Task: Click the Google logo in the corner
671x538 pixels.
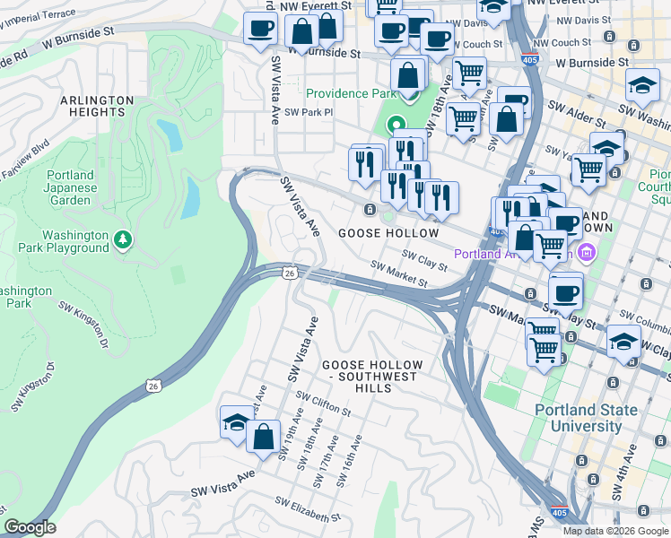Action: pos(30,527)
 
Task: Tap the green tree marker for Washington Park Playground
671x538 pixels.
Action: pos(124,239)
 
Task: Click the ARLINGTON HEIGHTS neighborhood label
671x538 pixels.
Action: pos(98,107)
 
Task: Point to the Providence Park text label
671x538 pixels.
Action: pos(350,94)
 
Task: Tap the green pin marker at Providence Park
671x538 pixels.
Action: pos(395,126)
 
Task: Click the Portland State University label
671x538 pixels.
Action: pos(586,418)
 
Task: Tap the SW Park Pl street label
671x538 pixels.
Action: pos(309,113)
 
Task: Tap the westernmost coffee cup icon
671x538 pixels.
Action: pos(260,29)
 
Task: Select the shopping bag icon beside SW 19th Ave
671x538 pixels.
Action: pos(264,438)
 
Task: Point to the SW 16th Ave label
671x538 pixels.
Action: pos(348,462)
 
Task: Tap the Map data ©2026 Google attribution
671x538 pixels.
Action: pos(615,531)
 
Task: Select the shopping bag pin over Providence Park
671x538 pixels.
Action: pos(409,75)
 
